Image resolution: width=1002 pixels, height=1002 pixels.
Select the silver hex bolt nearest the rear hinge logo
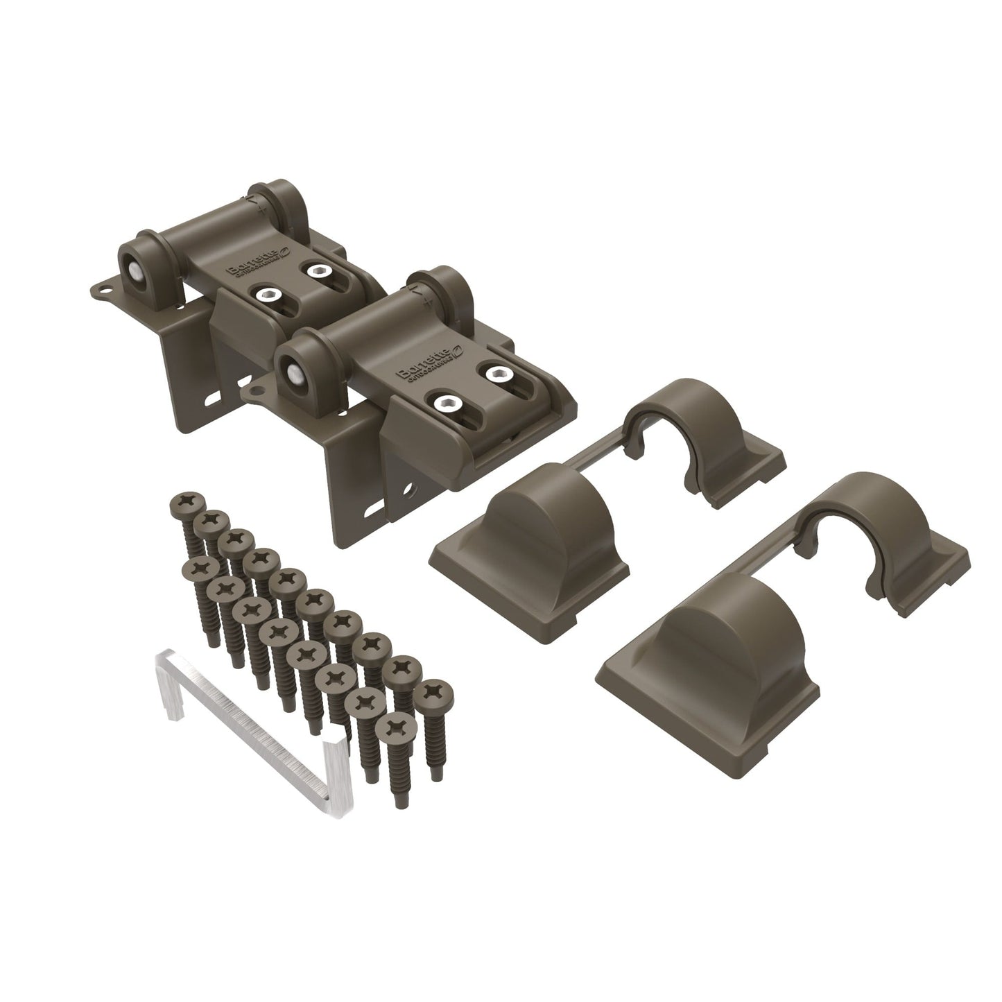pos(320,270)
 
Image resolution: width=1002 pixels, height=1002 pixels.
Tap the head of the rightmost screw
pos(438,693)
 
